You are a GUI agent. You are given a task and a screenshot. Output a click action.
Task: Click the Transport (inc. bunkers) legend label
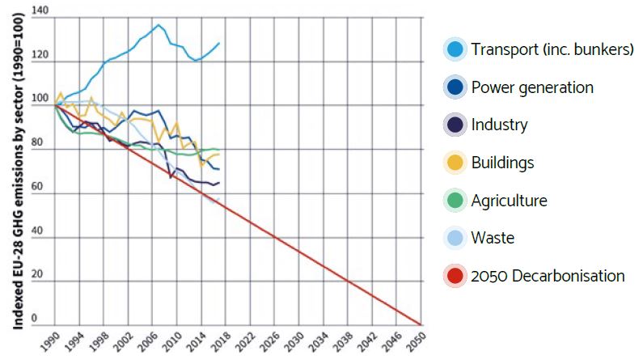point(552,50)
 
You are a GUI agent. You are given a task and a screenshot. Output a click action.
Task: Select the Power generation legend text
point(532,87)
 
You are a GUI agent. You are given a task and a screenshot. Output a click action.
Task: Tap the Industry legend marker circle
point(455,125)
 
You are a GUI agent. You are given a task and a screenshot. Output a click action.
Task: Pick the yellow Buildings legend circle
point(455,163)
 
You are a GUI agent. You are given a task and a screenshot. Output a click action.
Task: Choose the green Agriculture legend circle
point(455,201)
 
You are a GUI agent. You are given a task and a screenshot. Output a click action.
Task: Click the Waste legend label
point(493,238)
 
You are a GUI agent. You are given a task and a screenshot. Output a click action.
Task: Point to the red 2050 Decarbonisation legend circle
point(455,276)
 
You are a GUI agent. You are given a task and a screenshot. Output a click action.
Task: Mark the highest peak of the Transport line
point(159,25)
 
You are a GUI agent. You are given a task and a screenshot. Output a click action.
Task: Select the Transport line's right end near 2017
point(219,43)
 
